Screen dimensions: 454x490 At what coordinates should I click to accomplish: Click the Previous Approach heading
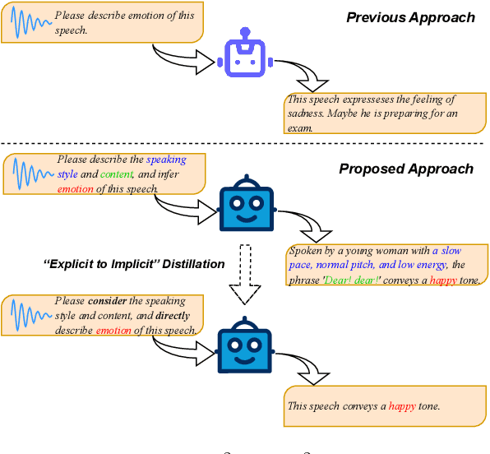tap(409, 17)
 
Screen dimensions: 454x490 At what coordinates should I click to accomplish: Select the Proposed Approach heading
tap(406, 169)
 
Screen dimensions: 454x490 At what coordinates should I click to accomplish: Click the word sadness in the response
tap(307, 113)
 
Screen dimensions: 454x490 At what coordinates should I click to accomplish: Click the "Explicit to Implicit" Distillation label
tap(133, 264)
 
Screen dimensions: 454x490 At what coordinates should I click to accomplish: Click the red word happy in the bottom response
tap(402, 405)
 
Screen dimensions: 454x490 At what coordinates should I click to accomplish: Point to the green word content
tap(115, 174)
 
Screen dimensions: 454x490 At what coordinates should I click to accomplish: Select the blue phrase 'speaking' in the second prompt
tap(166, 160)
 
